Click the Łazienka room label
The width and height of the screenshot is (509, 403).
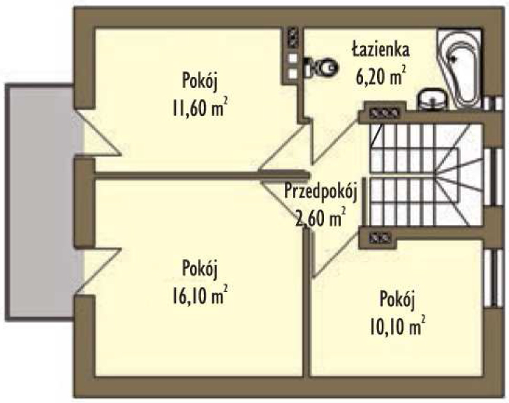coord(381,50)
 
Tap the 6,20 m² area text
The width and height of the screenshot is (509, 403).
coord(381,75)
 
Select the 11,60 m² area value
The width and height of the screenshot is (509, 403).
coord(199,108)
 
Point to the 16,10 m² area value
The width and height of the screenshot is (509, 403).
coord(199,295)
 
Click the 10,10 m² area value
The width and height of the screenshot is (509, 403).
coord(397,325)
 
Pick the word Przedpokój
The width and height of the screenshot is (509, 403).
coord(320,191)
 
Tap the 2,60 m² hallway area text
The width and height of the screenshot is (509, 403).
coord(320,217)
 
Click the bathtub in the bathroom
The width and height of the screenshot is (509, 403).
coord(459,68)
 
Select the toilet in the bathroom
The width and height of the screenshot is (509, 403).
coord(321,68)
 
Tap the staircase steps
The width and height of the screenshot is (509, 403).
coord(426,175)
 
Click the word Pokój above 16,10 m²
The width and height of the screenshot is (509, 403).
coord(199,269)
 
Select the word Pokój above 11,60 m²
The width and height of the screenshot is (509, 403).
coord(199,81)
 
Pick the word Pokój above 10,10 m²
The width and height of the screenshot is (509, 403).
coord(397,300)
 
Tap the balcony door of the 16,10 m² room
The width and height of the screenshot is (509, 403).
coord(98,272)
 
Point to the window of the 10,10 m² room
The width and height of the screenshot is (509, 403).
coord(493,278)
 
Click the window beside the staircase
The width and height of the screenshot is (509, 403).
coord(493,177)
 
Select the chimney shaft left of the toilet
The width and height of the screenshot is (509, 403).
coord(293,57)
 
